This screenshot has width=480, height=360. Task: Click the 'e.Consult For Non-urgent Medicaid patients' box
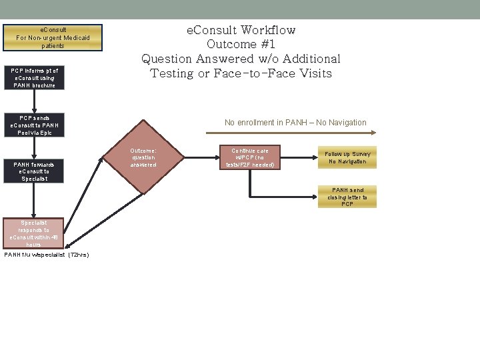click(x=53, y=38)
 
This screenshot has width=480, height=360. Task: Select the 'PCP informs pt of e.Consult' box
click(x=35, y=78)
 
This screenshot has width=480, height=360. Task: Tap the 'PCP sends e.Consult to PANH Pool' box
click(x=35, y=125)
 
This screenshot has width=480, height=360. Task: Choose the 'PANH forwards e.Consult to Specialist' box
click(x=35, y=171)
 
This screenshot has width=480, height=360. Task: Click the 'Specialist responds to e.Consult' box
click(x=35, y=233)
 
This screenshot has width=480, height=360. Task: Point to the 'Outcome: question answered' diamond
click(x=143, y=157)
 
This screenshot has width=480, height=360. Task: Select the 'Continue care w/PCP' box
click(x=250, y=157)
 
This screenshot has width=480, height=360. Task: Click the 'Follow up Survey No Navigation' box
click(x=347, y=157)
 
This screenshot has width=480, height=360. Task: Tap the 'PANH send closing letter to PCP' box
click(x=347, y=197)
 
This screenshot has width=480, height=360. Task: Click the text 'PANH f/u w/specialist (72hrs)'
click(x=47, y=255)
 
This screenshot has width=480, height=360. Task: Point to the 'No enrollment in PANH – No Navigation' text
click(x=295, y=123)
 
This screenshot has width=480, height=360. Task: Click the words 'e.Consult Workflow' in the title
click(x=241, y=30)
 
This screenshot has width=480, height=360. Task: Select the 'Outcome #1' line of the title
click(x=241, y=45)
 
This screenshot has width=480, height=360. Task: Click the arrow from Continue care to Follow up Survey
click(x=297, y=157)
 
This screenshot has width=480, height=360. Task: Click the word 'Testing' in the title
click(x=172, y=73)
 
